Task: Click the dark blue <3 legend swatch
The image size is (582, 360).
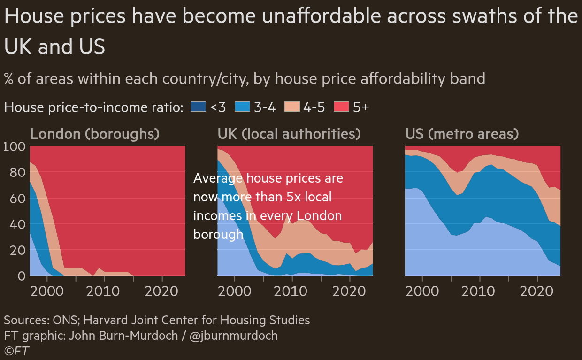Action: click(x=198, y=107)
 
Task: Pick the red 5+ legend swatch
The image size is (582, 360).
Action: click(x=341, y=107)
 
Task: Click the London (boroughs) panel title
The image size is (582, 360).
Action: click(x=95, y=134)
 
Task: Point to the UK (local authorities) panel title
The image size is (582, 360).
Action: click(x=289, y=134)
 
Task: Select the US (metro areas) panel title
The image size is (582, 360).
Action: click(x=462, y=134)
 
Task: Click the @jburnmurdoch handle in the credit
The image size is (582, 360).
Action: click(x=234, y=336)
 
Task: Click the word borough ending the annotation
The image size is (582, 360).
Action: click(x=218, y=234)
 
